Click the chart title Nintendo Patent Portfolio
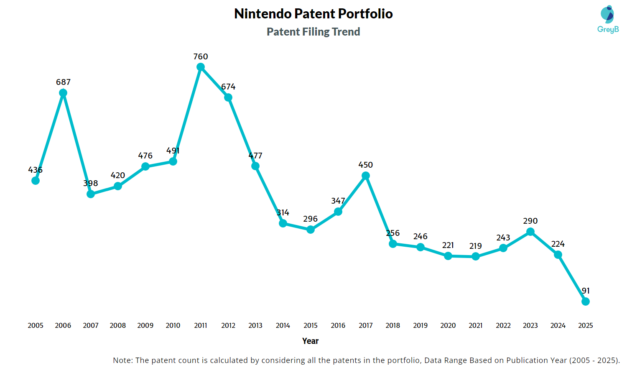pyautogui.click(x=313, y=14)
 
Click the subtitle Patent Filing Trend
pyautogui.click(x=313, y=32)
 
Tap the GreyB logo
pyautogui.click(x=608, y=19)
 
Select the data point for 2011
pyautogui.click(x=201, y=67)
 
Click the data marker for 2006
pyautogui.click(x=63, y=93)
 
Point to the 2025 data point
pyautogui.click(x=586, y=302)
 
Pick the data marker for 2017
pyautogui.click(x=366, y=176)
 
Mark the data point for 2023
pyautogui.click(x=530, y=232)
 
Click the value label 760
pyautogui.click(x=201, y=56)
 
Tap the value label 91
pyautogui.click(x=586, y=291)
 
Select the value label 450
pyautogui.click(x=366, y=165)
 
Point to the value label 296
pyautogui.click(x=311, y=219)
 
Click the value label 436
pyautogui.click(x=36, y=170)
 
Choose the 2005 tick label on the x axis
pyautogui.click(x=36, y=325)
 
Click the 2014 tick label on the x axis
pyautogui.click(x=283, y=325)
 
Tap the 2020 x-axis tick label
pyautogui.click(x=448, y=325)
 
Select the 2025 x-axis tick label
pyautogui.click(x=586, y=325)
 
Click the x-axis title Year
pyautogui.click(x=311, y=341)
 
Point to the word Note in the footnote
pyautogui.click(x=122, y=360)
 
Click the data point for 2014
pyautogui.click(x=283, y=223)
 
